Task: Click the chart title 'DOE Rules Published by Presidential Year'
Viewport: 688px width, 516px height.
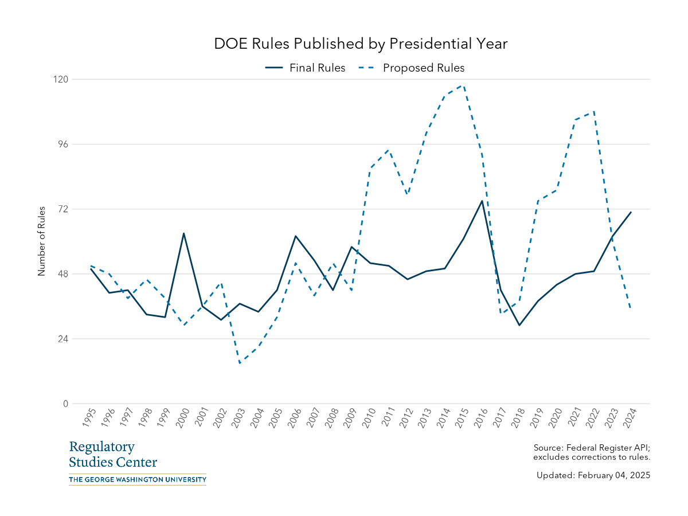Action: coord(361,44)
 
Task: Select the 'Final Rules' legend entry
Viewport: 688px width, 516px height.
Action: coord(316,68)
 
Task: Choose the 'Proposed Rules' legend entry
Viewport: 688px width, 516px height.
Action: coord(423,68)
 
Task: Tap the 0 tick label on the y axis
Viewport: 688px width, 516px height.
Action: coord(65,404)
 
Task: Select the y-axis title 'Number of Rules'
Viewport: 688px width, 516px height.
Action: coord(41,241)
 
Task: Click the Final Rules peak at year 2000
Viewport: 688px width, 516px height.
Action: coord(183,233)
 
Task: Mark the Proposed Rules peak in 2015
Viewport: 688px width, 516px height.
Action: coord(463,85)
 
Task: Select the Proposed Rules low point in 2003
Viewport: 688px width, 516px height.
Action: coord(240,363)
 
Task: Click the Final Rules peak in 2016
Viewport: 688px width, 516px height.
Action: coord(482,201)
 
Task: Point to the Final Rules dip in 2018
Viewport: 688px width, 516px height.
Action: coord(519,325)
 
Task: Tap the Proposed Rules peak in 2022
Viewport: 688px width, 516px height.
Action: coord(593,112)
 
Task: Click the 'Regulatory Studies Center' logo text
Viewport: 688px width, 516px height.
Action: coord(113,455)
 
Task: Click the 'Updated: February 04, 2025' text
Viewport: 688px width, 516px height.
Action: coord(593,475)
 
